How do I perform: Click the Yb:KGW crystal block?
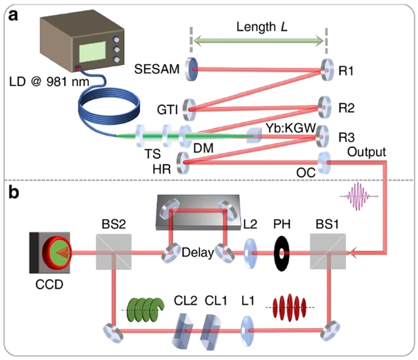[x=255, y=136]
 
